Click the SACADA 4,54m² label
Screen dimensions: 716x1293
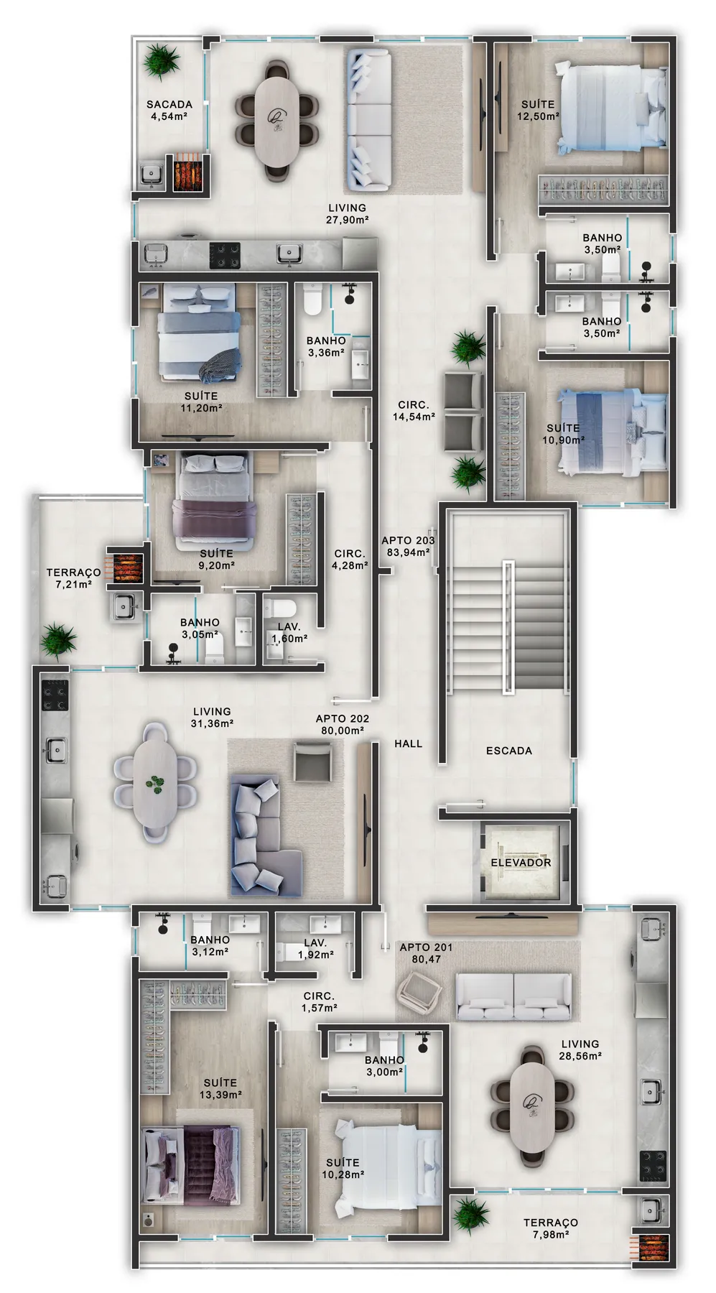(170, 110)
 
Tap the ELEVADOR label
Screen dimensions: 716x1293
(521, 862)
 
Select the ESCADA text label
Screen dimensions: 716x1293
(509, 751)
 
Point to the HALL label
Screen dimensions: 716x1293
(408, 743)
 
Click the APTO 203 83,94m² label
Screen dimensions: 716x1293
(407, 547)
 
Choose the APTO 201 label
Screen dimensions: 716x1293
(426, 947)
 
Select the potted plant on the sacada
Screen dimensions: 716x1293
(161, 60)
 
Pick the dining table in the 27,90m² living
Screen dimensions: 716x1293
(276, 119)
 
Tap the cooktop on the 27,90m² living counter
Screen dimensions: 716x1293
(225, 255)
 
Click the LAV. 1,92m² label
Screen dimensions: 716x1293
(315, 949)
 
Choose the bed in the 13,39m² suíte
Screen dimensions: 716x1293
(190, 1164)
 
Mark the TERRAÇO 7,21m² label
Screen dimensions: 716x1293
(73, 578)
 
